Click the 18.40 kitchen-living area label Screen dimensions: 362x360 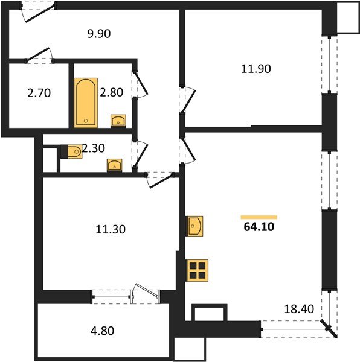pos(298,310)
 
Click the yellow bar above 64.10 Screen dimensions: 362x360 pos(259,217)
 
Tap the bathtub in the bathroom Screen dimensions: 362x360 pos(85,103)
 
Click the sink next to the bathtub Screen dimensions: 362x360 pos(118,121)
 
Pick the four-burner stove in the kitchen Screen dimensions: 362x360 pos(198,270)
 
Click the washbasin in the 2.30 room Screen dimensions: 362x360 pos(114,165)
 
